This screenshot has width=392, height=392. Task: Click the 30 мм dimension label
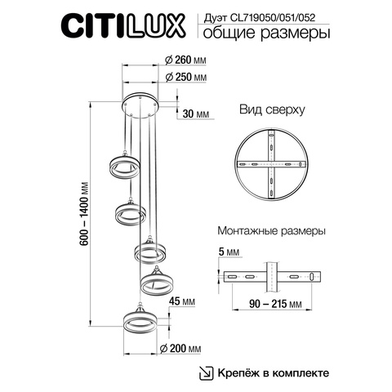196,114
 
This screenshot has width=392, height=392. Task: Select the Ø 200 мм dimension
183,349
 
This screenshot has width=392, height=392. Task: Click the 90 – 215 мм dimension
270,304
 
